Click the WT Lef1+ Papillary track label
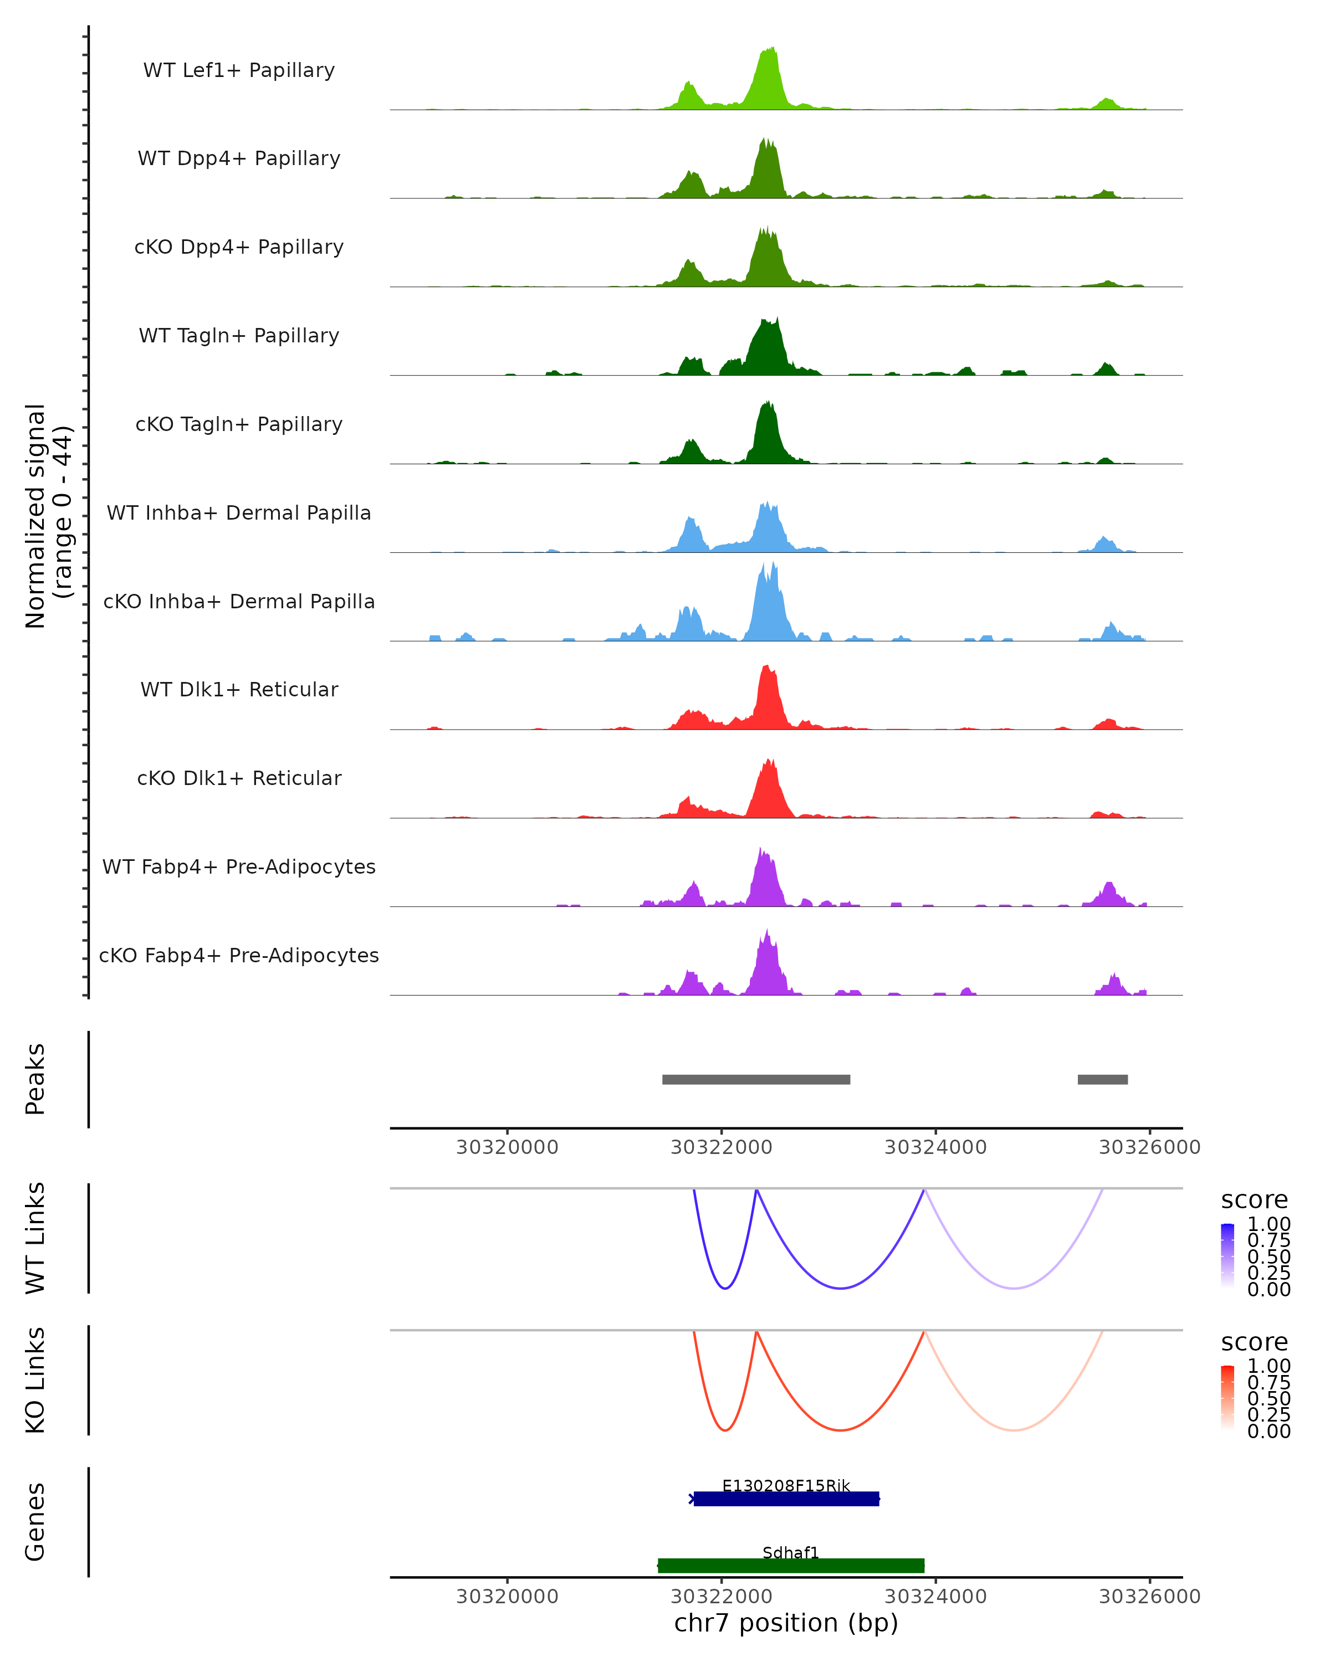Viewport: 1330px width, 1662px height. click(x=239, y=70)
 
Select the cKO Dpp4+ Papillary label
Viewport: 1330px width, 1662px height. click(x=239, y=247)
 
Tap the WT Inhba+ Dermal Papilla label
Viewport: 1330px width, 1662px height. click(x=239, y=512)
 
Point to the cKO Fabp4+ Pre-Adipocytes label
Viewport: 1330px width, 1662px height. click(x=239, y=955)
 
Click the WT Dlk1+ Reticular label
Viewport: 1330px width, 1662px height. click(x=239, y=689)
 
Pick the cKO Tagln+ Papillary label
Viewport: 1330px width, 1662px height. click(x=239, y=424)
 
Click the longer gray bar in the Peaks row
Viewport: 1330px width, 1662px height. click(x=755, y=1079)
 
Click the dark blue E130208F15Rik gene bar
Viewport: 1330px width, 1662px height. click(x=786, y=1499)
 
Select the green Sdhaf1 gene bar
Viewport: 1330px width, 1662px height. click(x=790, y=1565)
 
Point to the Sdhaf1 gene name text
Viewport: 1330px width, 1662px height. click(x=790, y=1552)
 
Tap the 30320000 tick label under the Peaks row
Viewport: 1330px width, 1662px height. click(x=507, y=1147)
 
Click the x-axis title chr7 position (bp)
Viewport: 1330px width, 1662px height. click(x=786, y=1623)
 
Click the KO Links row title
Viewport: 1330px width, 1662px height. click(x=35, y=1381)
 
